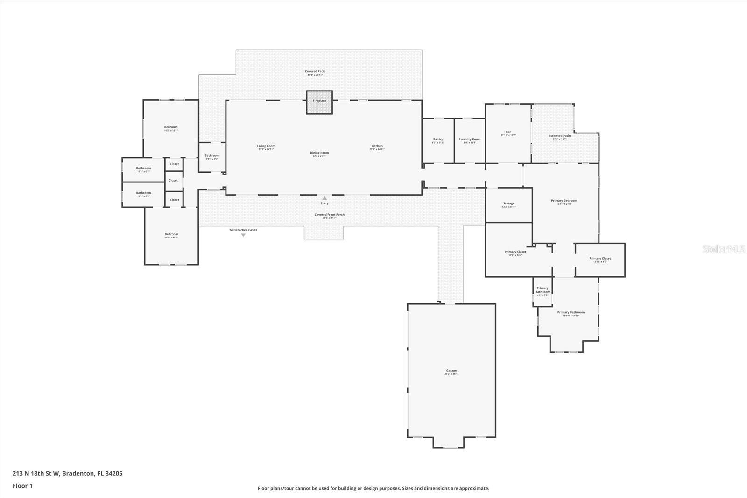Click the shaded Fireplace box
[319, 102]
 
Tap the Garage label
[451, 371]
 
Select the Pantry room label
[438, 140]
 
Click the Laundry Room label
[470, 140]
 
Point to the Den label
[508, 132]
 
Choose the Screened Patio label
[559, 136]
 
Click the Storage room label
[509, 203]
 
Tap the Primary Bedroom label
[564, 201]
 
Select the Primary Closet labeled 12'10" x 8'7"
[600, 259]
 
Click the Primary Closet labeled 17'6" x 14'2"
[515, 252]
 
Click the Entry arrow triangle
[324, 198]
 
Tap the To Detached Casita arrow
[243, 235]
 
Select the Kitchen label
[377, 146]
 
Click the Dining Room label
[319, 153]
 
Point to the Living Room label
[266, 146]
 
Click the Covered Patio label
[315, 72]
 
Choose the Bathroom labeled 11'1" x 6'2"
[143, 168]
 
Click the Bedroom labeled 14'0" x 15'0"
[171, 235]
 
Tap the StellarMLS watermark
[724, 249]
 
